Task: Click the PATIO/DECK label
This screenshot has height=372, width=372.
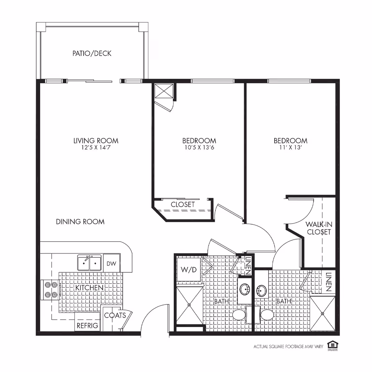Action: coord(92,53)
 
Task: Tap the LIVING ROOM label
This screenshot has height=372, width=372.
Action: coord(96,141)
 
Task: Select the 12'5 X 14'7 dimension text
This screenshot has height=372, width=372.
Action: coord(96,148)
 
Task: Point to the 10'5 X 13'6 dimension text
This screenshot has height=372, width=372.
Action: coord(199,148)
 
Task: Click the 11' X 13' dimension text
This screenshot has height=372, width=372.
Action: coord(290,148)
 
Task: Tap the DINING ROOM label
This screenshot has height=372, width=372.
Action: coord(80,222)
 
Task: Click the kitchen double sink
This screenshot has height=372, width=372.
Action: coord(89,263)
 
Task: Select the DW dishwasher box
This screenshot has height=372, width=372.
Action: coord(111,263)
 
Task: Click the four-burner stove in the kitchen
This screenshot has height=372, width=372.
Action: coord(50,290)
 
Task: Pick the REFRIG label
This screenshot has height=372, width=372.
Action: coord(87,325)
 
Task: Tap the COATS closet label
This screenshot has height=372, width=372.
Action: coord(115,316)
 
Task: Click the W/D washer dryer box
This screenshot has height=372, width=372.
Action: coord(188,269)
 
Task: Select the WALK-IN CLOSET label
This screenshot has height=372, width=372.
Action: coord(319,228)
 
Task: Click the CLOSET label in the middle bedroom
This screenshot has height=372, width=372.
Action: coord(183,205)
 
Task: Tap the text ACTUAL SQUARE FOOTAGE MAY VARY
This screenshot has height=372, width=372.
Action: coord(288,347)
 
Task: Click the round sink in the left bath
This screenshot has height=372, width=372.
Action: coord(245,290)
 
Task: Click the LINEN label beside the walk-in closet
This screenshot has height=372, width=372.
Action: coord(329,282)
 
